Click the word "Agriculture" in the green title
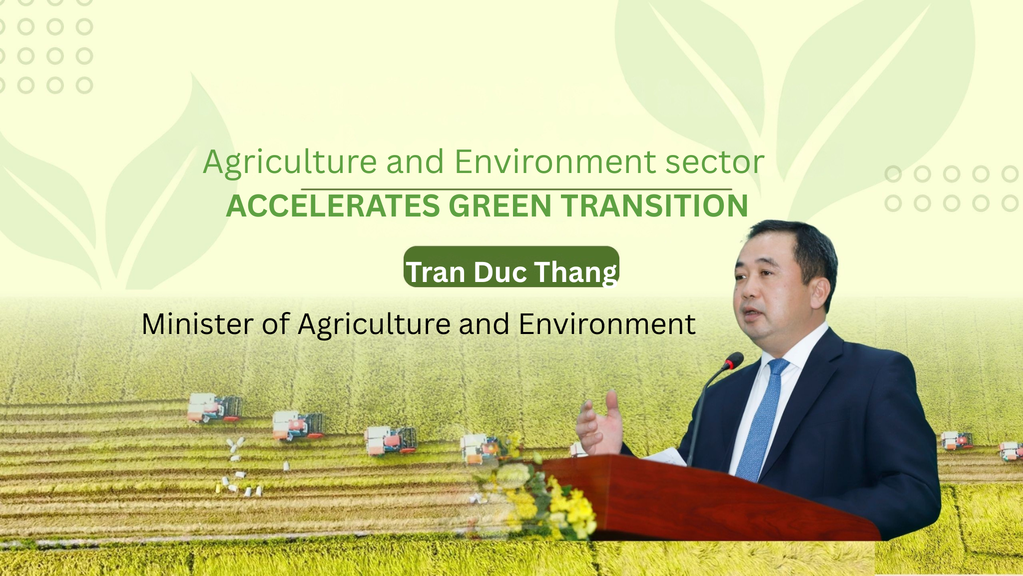click(290, 163)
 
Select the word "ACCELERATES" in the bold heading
click(333, 205)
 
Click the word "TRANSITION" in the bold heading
click(654, 205)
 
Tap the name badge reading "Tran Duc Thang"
click(511, 267)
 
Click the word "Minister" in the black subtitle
click(198, 324)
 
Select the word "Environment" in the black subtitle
click(607, 324)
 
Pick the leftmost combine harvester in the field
click(215, 407)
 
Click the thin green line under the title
click(516, 189)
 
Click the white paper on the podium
click(667, 456)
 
